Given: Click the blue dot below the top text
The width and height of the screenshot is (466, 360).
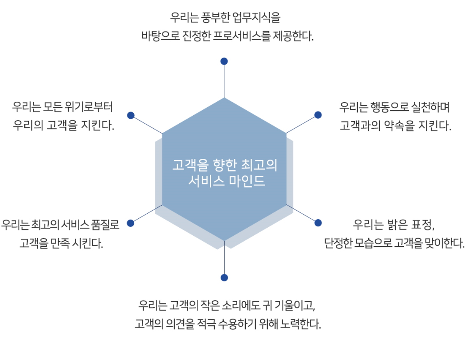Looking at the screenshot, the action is [224, 61].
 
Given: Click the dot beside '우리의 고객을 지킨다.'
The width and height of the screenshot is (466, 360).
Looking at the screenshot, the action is [131, 115].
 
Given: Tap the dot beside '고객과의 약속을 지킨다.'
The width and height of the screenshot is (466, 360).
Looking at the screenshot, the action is [318, 115].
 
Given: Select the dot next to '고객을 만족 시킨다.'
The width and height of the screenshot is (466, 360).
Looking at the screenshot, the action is [131, 223].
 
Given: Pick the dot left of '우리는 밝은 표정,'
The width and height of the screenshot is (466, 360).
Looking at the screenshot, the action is [318, 223].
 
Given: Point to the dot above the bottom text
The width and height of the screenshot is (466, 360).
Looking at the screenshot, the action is [224, 278].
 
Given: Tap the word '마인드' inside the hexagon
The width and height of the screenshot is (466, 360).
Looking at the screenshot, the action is [247, 180].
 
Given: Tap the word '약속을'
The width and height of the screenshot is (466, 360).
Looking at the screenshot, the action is [399, 126].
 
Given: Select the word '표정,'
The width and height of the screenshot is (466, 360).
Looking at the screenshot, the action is [423, 225].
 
